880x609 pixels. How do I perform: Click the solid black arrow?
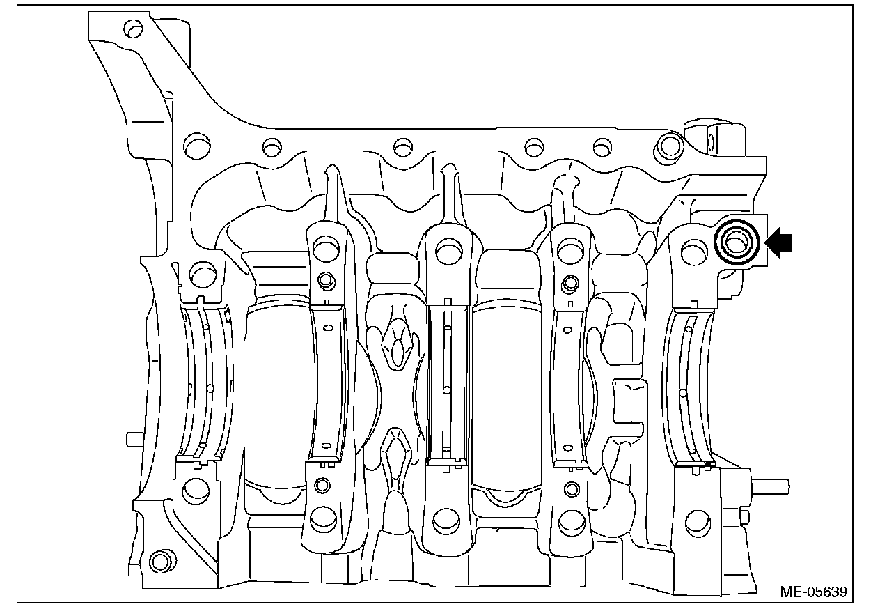tap(779, 243)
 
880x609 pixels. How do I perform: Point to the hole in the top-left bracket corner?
tap(133, 29)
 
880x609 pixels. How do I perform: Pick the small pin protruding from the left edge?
tap(134, 439)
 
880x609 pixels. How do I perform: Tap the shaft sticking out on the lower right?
tap(769, 487)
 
